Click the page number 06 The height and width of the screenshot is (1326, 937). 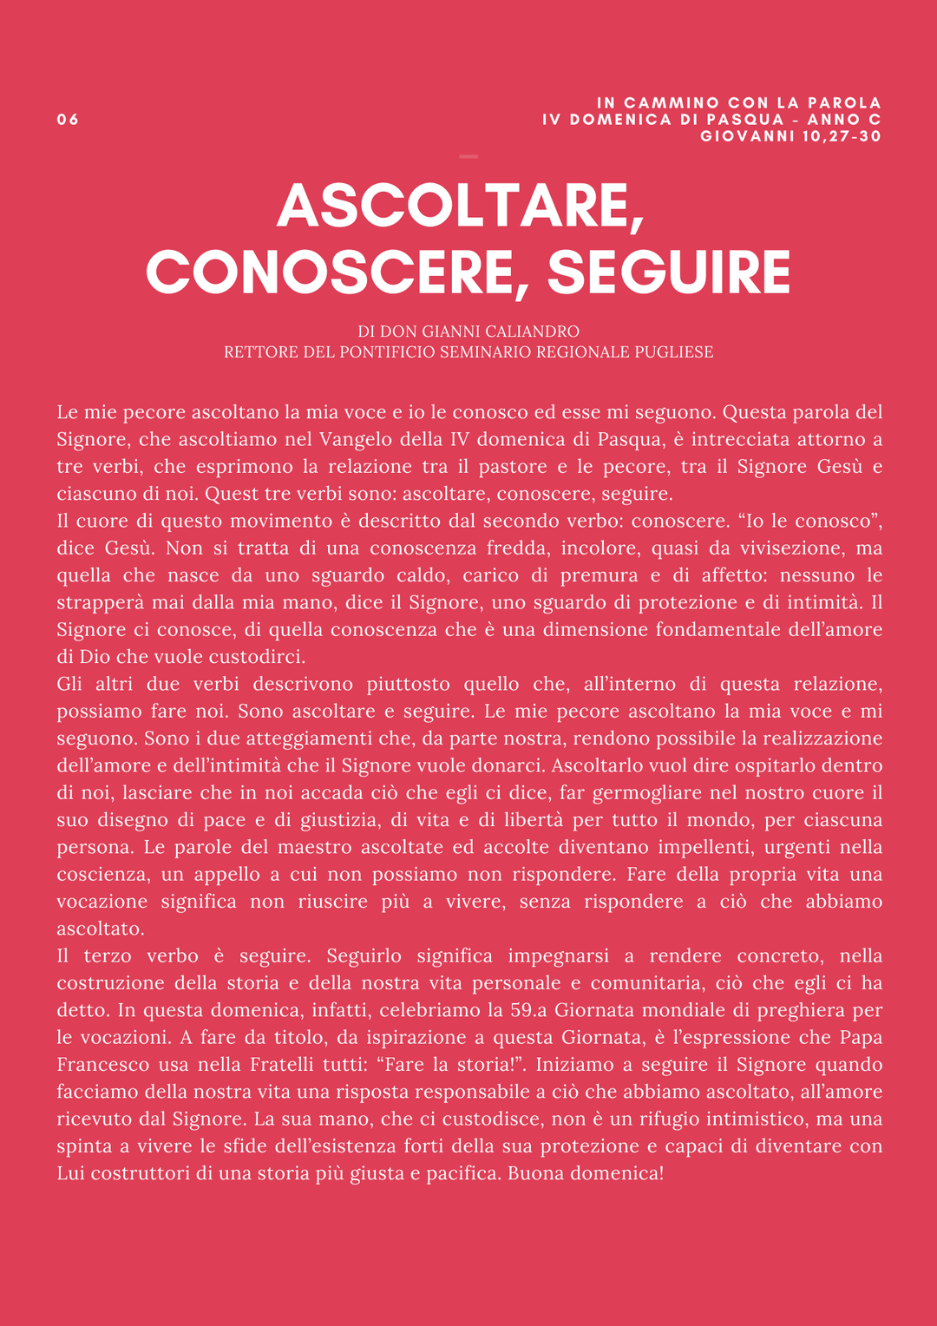click(x=68, y=120)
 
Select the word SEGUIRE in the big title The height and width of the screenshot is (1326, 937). click(x=669, y=272)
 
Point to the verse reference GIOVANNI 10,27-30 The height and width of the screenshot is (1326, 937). click(x=790, y=136)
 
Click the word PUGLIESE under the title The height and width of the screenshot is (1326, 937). click(x=677, y=352)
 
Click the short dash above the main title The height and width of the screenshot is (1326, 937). click(x=468, y=157)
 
